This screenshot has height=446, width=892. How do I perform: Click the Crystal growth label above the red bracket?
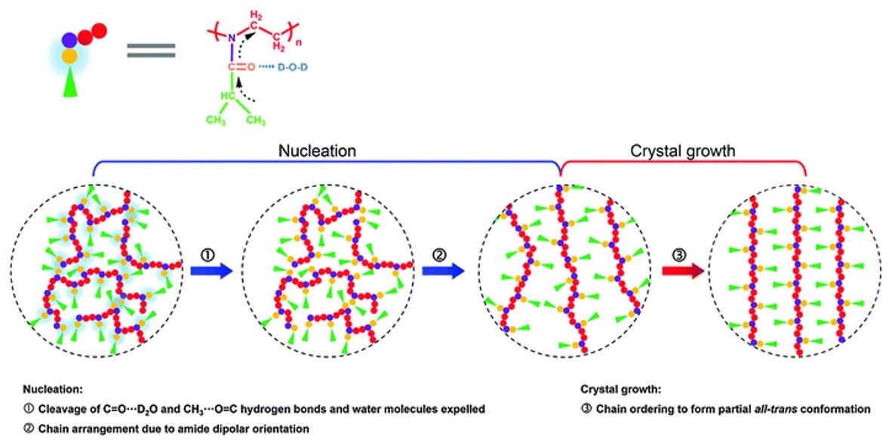click(682, 150)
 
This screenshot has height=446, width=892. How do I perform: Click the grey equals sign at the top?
click(151, 52)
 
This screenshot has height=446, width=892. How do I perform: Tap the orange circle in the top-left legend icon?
click(69, 57)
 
